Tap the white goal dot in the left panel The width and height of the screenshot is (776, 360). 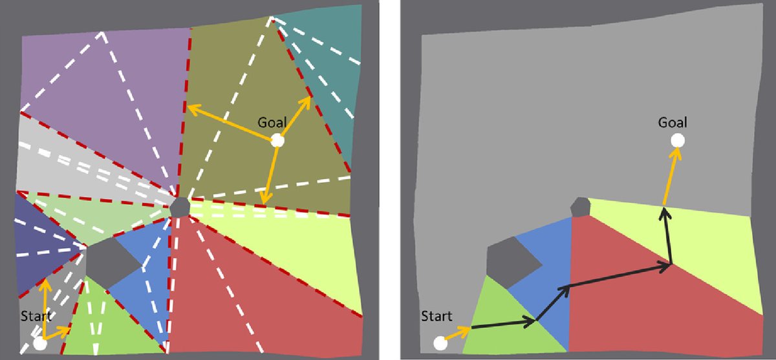[277, 140]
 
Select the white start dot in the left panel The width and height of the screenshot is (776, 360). [40, 343]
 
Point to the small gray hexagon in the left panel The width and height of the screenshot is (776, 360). [180, 208]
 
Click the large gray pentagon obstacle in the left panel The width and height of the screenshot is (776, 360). [110, 260]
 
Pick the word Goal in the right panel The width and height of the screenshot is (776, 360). [673, 122]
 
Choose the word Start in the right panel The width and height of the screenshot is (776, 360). [436, 316]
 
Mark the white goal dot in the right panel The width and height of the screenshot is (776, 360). [677, 140]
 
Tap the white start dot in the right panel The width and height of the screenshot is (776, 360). [440, 343]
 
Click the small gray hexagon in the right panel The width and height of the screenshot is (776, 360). [581, 207]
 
